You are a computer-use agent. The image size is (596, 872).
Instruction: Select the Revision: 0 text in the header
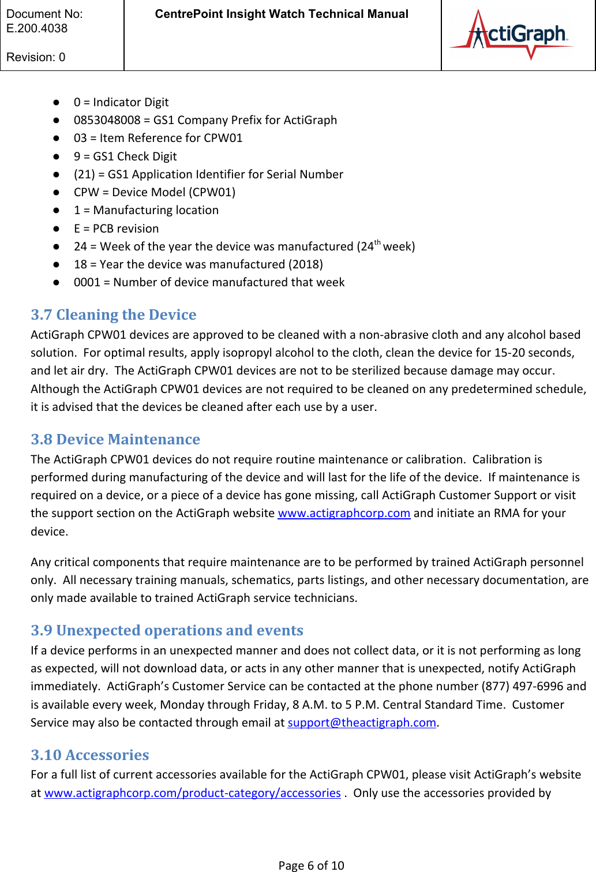tap(36, 57)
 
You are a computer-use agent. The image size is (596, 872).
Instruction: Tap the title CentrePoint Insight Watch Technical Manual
tap(282, 14)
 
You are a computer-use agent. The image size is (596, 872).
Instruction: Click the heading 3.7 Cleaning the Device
tap(114, 315)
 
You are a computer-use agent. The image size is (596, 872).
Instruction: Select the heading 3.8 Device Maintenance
tap(115, 439)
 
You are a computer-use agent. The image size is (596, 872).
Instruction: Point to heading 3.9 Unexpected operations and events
tap(167, 630)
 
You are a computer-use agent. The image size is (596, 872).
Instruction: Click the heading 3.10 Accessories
tap(90, 755)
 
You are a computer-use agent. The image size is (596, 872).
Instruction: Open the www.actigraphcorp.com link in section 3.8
tap(344, 513)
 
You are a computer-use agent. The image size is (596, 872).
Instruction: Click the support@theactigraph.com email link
tap(362, 723)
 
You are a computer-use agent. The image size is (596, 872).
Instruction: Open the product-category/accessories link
tap(192, 793)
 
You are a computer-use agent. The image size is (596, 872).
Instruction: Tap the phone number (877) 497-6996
tap(522, 686)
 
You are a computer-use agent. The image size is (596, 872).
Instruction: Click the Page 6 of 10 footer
tap(311, 865)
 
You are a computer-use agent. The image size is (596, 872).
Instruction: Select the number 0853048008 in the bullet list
tap(107, 120)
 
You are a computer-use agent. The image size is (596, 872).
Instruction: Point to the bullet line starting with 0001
tap(209, 282)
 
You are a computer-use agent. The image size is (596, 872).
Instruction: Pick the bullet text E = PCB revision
tap(116, 229)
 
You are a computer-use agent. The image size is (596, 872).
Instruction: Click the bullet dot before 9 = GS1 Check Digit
tap(57, 156)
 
